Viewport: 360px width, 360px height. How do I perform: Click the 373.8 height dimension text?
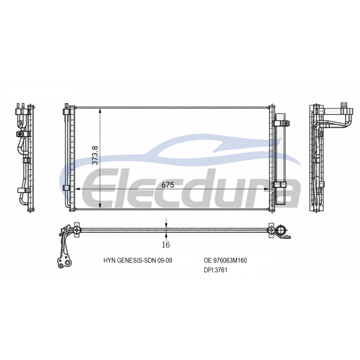click(95, 155)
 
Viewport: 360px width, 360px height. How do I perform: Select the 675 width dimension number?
click(168, 185)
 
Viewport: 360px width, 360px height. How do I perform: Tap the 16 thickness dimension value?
click(166, 245)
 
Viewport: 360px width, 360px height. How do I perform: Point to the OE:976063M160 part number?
click(225, 260)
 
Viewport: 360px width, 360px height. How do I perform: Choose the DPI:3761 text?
click(215, 270)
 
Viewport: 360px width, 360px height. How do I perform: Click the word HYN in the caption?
click(109, 260)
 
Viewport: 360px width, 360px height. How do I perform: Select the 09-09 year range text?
click(165, 260)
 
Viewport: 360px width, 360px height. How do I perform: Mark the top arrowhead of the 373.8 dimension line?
click(100, 111)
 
